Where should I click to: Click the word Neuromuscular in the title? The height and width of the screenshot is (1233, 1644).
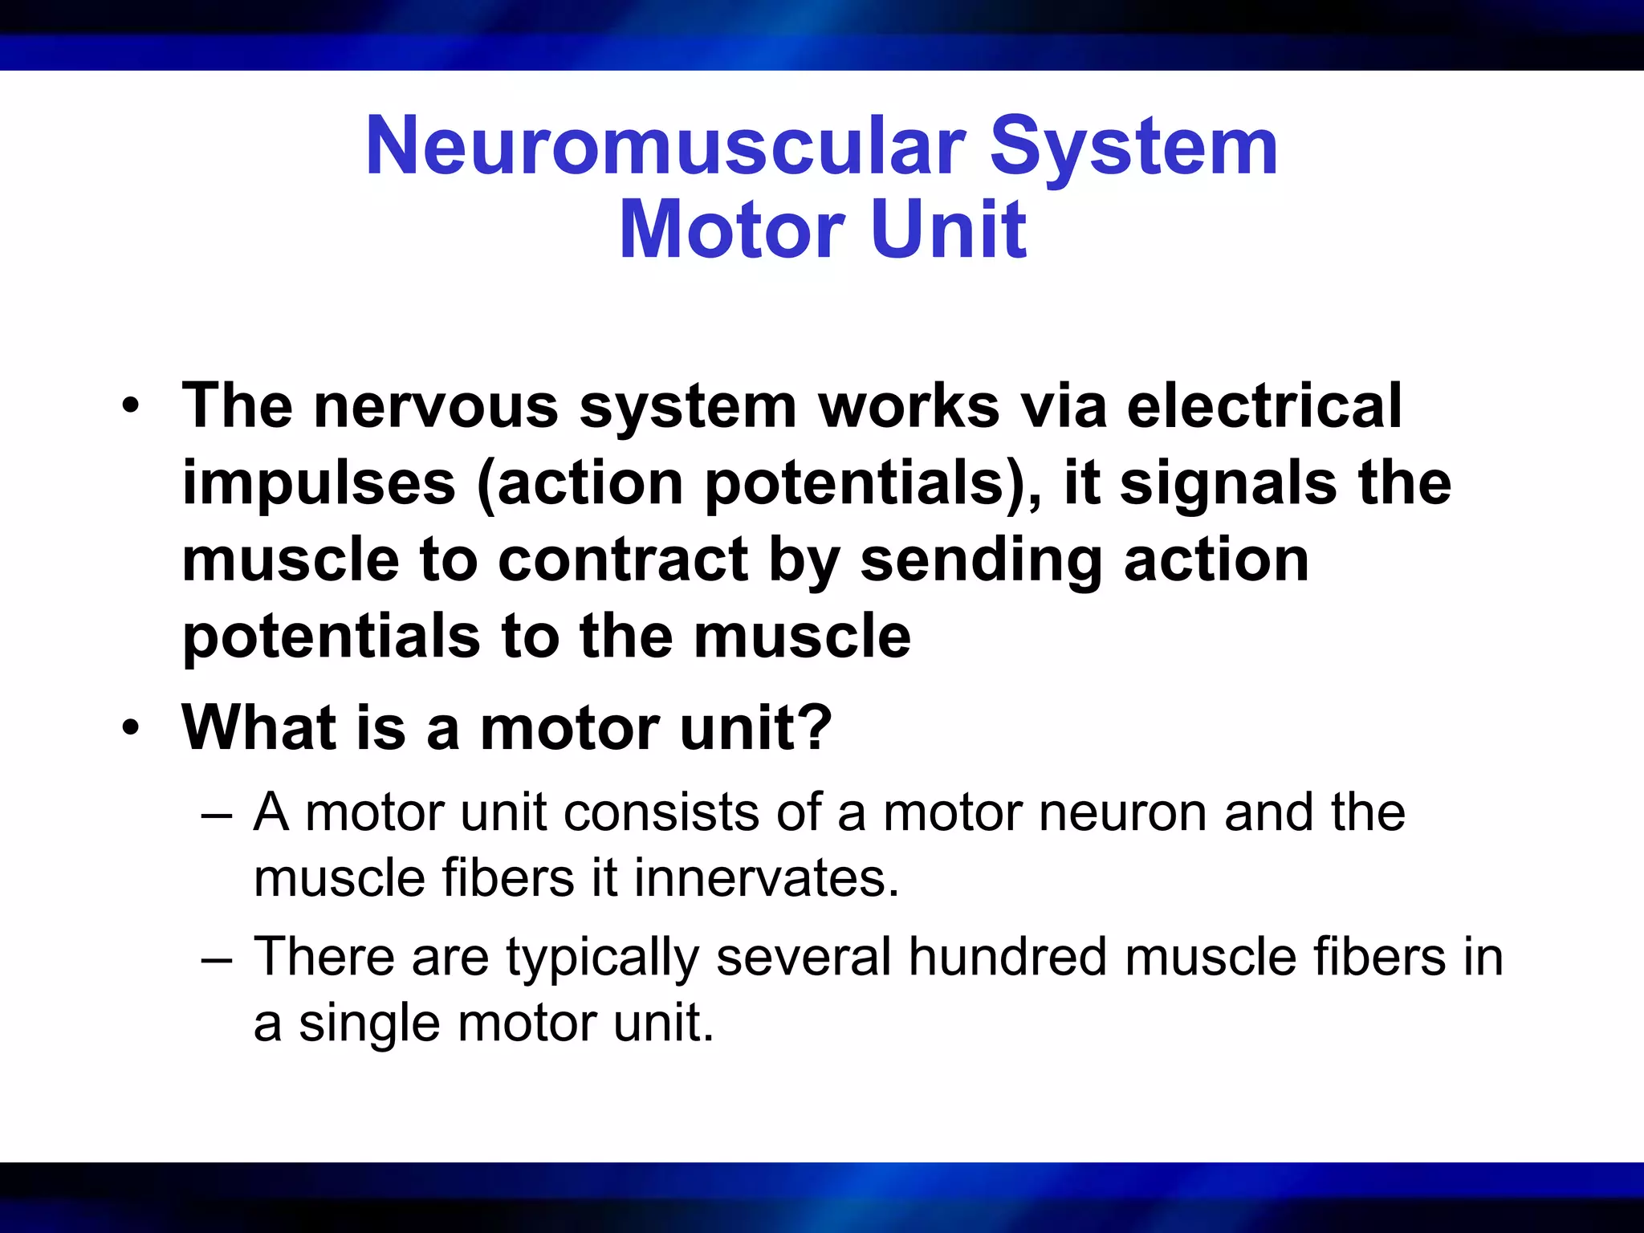665,146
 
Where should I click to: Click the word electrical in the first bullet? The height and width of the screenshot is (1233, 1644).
1264,406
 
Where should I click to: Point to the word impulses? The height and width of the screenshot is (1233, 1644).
319,485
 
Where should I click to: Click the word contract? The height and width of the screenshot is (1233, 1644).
622,560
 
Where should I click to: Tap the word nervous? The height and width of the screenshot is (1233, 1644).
435,406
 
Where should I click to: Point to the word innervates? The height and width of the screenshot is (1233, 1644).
766,877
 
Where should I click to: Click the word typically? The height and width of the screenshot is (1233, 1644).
602,958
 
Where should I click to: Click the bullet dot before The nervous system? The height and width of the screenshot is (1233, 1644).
131,406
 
